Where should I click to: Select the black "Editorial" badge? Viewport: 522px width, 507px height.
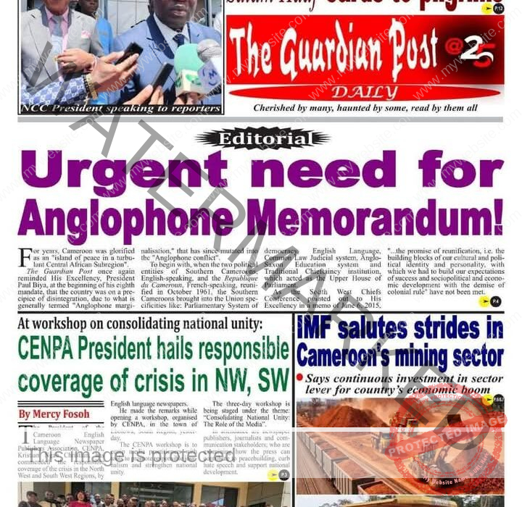(x=262, y=138)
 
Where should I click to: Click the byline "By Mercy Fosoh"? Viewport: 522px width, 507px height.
(x=54, y=414)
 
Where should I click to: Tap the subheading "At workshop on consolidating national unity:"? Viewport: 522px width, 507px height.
(x=141, y=324)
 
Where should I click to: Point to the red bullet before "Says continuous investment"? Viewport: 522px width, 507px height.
(x=299, y=377)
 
